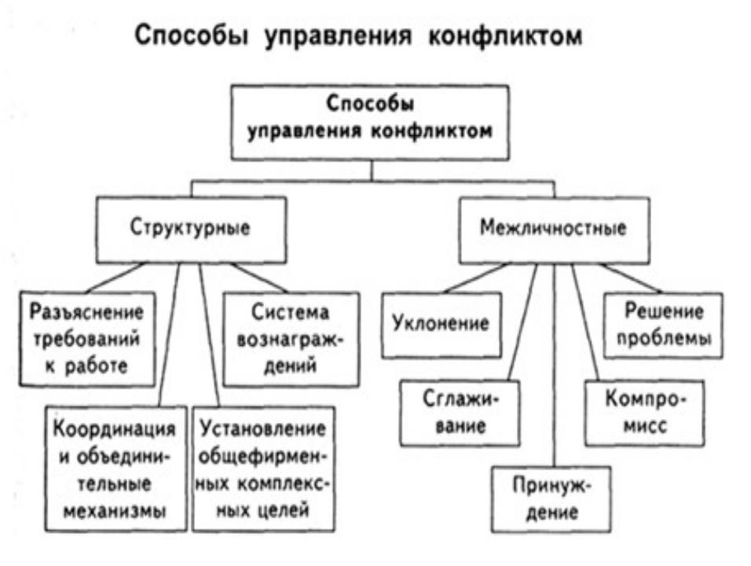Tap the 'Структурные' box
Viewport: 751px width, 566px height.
190,230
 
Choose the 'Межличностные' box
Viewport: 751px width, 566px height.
553,230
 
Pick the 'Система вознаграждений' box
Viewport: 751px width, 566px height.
291,339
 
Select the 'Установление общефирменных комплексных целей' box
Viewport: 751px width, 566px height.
262,469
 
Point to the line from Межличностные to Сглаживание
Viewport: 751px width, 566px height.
523,322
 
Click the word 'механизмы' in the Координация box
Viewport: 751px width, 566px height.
116,509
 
